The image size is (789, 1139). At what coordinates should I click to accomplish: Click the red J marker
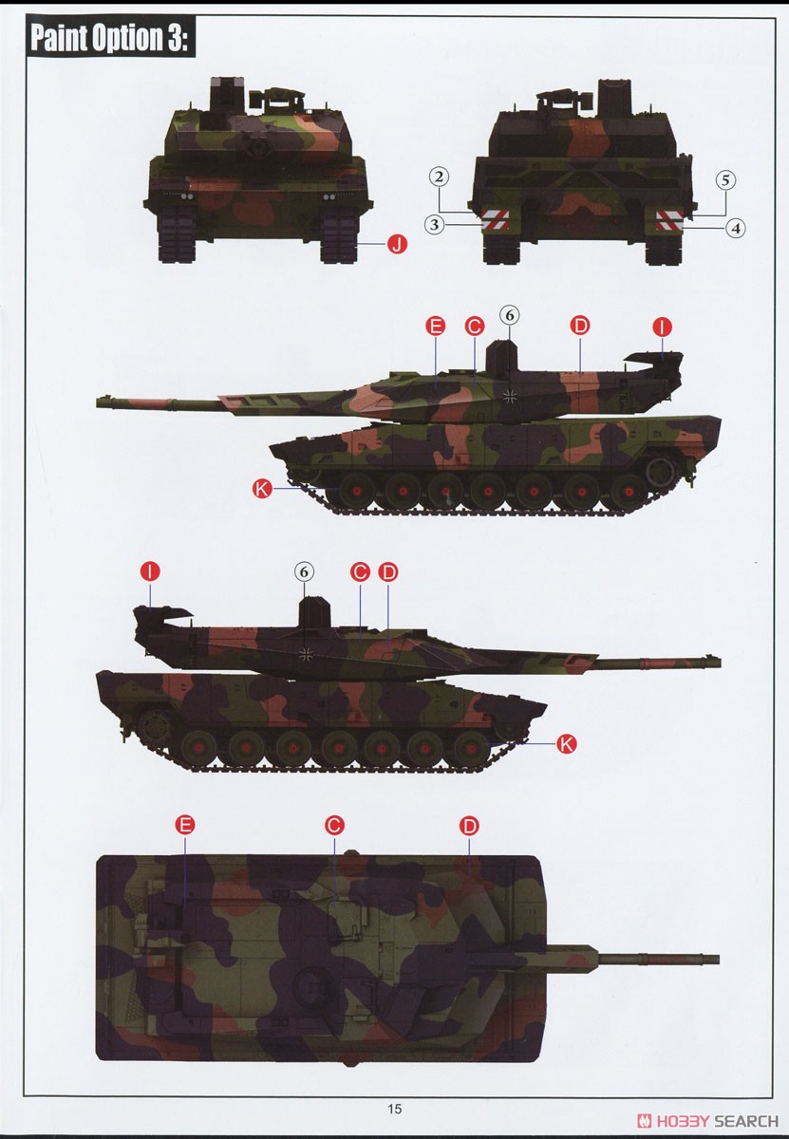click(397, 245)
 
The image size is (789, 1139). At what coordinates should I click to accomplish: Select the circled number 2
click(438, 177)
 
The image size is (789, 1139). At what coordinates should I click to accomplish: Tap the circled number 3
click(436, 224)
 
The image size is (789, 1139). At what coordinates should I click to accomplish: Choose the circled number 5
click(725, 179)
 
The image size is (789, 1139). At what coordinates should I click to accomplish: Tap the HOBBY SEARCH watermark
click(709, 1120)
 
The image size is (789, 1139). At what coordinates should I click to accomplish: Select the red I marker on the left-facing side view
click(663, 327)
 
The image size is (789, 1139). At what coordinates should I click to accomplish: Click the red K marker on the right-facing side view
click(565, 743)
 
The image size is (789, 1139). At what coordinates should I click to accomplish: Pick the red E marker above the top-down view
click(185, 825)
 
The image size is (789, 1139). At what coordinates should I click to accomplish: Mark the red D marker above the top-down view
click(469, 826)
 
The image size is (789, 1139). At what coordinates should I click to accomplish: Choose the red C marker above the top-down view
click(333, 825)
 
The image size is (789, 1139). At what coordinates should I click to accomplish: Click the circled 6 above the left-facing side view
click(508, 315)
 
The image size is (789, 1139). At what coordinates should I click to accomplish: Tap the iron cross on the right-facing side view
click(306, 652)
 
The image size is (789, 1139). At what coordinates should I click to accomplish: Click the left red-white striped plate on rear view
click(495, 220)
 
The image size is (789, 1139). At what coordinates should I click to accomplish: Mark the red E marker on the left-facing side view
click(436, 327)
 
